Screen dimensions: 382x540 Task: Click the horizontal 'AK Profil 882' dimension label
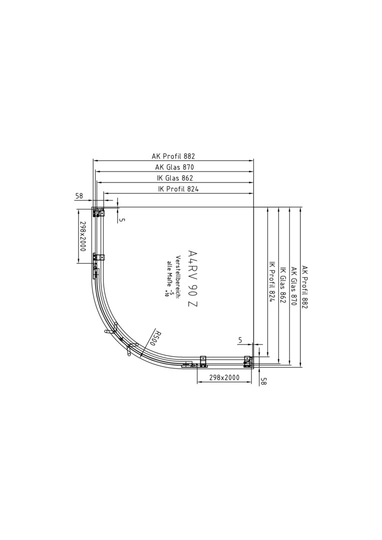click(x=173, y=156)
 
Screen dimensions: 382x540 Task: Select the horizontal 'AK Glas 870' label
click(x=174, y=167)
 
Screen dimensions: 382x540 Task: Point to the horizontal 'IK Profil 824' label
click(x=178, y=188)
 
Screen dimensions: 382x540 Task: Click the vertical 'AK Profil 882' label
click(x=304, y=287)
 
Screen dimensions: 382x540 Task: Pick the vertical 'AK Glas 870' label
click(x=294, y=286)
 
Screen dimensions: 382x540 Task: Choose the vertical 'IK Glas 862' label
click(x=283, y=285)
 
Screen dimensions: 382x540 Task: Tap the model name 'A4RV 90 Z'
click(x=192, y=278)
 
